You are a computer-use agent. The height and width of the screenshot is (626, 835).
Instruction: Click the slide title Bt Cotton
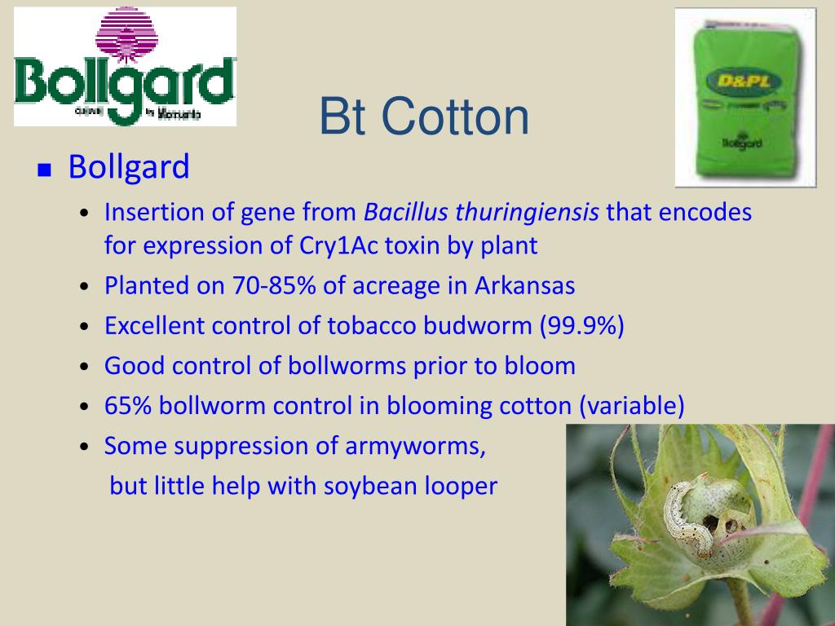click(x=423, y=117)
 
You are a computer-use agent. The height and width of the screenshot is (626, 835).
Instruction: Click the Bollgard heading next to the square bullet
click(x=129, y=167)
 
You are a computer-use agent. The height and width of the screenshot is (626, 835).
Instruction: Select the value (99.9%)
click(x=581, y=326)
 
